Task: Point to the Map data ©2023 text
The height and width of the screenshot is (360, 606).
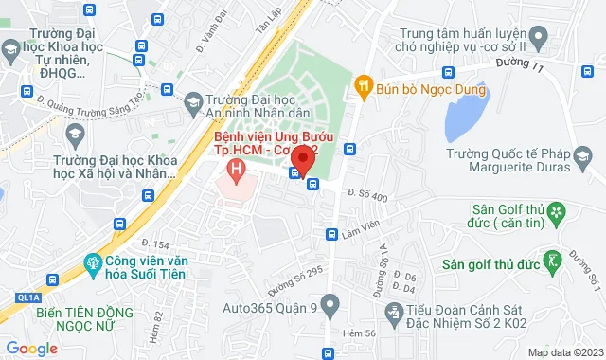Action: [562, 352]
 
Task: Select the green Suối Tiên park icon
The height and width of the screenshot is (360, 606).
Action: [93, 261]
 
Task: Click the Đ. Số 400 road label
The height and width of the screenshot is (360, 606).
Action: [367, 196]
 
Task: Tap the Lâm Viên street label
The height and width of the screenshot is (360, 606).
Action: [360, 225]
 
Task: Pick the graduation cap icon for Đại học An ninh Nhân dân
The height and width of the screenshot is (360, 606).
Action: [193, 101]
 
